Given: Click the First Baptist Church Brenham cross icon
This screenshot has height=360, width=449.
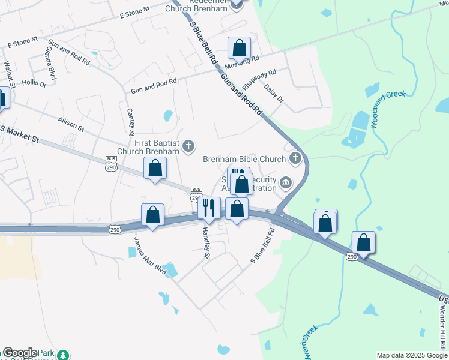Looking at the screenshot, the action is (188, 145).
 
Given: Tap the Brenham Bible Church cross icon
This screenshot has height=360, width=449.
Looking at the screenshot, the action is (295, 158).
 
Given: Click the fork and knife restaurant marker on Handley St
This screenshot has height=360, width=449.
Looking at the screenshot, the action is (209, 208).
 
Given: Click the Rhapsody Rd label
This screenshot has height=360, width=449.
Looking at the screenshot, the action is (260, 78).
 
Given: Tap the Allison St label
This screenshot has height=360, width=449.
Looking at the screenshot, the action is (70, 124).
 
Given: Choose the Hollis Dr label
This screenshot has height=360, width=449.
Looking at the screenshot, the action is (34, 84).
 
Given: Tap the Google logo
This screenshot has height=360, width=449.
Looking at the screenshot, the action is (20, 353).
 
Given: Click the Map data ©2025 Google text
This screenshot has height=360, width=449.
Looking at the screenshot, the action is (411, 355).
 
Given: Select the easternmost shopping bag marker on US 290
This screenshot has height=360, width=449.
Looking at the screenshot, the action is (363, 242).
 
